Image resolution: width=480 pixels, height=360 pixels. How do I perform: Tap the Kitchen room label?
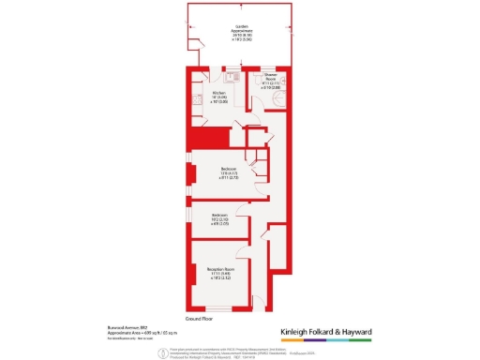coord(219,93)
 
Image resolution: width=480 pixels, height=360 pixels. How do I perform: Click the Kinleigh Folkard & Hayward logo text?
coord(327,332)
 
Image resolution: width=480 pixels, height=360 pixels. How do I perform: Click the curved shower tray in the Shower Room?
coord(278,102)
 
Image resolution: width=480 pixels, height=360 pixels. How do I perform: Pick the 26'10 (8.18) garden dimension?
coord(242,34)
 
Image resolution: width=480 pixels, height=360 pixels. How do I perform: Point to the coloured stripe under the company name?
coord(327,339)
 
